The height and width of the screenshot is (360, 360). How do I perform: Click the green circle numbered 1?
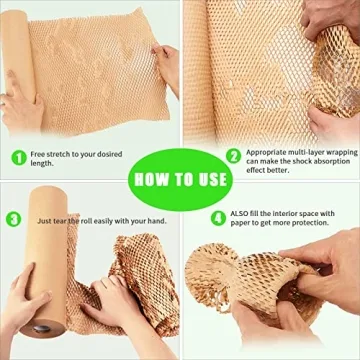click(17, 157)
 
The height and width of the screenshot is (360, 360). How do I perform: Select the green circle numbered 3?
click(13, 219)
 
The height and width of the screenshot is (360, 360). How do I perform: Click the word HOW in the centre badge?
click(151, 179)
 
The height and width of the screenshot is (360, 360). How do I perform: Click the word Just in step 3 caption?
click(46, 220)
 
